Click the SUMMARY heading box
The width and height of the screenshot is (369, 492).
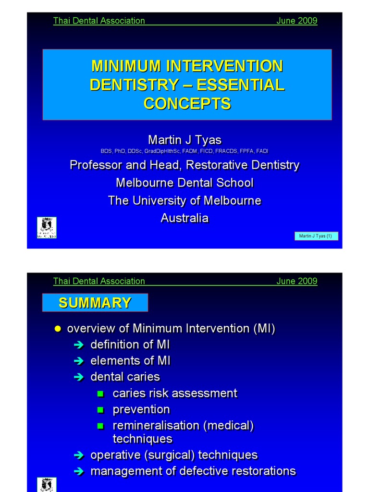[95, 303]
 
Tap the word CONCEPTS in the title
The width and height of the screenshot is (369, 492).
[187, 103]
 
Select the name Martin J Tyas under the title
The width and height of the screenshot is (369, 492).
[184, 140]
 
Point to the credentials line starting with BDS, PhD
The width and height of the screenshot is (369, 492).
[184, 151]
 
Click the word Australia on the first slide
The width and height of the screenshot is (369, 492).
[184, 218]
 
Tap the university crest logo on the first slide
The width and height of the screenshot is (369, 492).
[47, 227]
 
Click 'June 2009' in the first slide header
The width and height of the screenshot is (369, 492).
[296, 21]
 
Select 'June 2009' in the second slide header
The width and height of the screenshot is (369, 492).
[296, 281]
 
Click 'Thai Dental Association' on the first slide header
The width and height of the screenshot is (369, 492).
[99, 21]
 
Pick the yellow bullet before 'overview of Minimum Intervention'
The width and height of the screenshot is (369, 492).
[58, 329]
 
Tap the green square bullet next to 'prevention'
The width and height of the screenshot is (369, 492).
[100, 410]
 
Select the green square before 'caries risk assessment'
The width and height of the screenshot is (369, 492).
[100, 394]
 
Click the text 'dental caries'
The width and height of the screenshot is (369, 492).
[125, 377]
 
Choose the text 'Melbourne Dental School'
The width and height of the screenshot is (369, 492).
[184, 183]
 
